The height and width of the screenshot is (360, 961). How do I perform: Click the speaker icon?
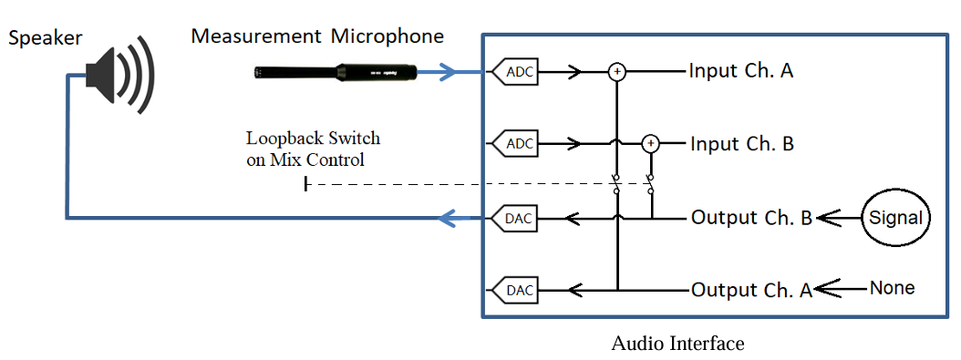119,73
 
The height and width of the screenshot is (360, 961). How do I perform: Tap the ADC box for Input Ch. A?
515,71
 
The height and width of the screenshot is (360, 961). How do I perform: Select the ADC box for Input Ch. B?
515,143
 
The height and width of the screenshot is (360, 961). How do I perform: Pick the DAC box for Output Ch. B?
515,218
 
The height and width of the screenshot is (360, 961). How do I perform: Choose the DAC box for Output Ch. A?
515,291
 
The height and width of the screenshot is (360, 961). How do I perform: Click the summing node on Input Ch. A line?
616,71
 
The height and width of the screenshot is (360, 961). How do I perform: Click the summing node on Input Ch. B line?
650,143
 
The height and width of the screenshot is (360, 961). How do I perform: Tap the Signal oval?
896,219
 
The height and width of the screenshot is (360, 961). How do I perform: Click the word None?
892,288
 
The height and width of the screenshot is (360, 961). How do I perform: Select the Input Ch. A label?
740,70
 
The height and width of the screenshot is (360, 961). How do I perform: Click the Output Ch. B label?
750,218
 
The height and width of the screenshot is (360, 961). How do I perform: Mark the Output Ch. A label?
750,290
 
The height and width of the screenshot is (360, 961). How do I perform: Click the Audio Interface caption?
677,344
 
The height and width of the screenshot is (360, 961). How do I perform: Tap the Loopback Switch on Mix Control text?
313,149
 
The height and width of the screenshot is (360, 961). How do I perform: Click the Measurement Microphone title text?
317,36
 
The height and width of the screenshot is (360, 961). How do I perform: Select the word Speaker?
45,37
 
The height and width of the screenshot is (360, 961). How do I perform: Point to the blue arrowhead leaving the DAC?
448,218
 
